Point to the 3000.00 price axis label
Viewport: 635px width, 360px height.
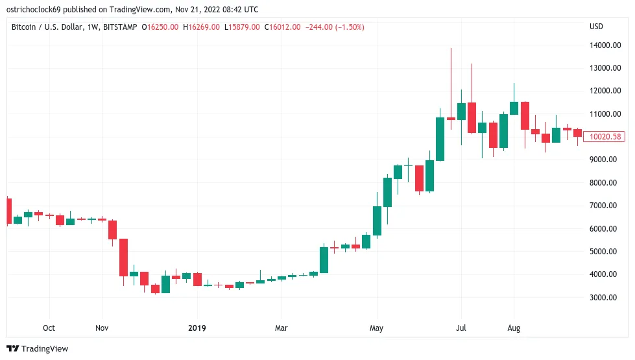click(x=603, y=297)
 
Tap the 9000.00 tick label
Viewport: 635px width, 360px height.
click(x=603, y=160)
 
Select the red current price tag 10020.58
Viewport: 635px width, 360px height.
click(x=603, y=137)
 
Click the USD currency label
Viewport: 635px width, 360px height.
click(x=595, y=27)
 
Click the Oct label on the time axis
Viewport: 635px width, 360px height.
click(x=48, y=328)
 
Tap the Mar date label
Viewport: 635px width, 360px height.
click(x=280, y=328)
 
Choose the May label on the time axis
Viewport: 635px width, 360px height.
click(x=376, y=328)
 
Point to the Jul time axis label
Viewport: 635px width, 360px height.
click(x=461, y=328)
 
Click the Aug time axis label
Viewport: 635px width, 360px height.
click(x=514, y=328)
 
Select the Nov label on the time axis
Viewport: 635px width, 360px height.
click(x=101, y=328)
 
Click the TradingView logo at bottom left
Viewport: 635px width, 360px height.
click(x=37, y=349)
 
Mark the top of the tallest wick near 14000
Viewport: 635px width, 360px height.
click(x=451, y=49)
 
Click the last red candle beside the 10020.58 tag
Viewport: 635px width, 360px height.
click(x=577, y=132)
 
